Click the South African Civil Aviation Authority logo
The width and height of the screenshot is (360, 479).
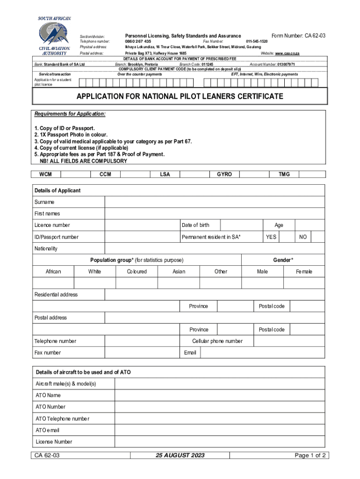click(x=55, y=36)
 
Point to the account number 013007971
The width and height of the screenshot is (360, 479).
click(x=286, y=64)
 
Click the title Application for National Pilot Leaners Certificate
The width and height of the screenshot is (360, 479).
click(x=180, y=97)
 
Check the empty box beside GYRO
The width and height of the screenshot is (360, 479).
click(x=255, y=174)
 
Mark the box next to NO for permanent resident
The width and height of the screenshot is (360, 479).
click(x=318, y=237)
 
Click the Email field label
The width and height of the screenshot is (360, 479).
click(x=190, y=353)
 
